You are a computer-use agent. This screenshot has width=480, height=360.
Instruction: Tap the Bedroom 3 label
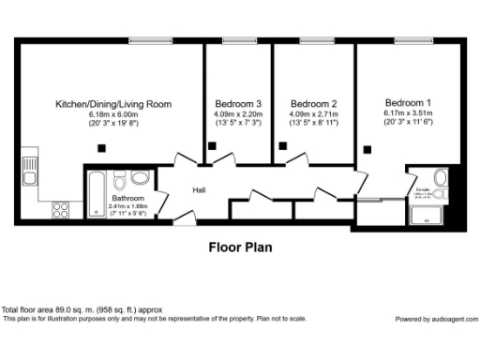coord(238,103)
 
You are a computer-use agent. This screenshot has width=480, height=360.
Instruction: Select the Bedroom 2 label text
coord(313,103)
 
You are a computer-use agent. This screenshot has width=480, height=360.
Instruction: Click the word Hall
coord(199,190)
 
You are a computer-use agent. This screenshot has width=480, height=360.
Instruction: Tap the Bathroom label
coord(128,199)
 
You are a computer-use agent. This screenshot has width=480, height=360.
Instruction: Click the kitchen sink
coord(29,170)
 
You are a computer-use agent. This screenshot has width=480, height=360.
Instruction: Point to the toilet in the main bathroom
coord(141,178)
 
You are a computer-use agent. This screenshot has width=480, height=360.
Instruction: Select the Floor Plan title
coord(239,248)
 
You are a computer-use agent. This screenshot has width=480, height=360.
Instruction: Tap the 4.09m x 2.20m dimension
coord(238,114)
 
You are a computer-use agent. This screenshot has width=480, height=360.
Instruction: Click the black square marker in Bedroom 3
coord(213,145)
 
